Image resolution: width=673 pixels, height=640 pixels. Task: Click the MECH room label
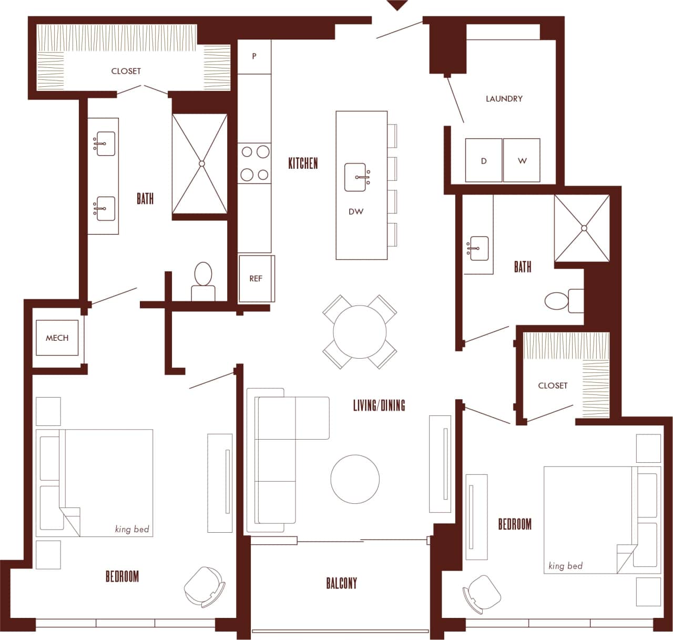pyautogui.click(x=57, y=338)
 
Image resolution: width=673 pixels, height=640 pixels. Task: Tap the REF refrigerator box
pyautogui.click(x=256, y=279)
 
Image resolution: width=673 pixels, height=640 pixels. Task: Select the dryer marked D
pyautogui.click(x=484, y=160)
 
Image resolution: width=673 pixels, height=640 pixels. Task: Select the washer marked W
pyautogui.click(x=522, y=160)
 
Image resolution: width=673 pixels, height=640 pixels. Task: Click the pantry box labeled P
pyautogui.click(x=254, y=56)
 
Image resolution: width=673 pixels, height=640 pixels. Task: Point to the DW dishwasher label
pyautogui.click(x=356, y=212)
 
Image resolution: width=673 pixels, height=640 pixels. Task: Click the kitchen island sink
pyautogui.click(x=356, y=177)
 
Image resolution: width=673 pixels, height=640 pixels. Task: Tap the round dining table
pyautogui.click(x=360, y=332)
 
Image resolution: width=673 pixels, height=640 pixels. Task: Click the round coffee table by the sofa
pyautogui.click(x=355, y=479)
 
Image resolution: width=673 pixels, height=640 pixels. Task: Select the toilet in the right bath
pyautogui.click(x=560, y=301)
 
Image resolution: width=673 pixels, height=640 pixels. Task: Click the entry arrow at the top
pyautogui.click(x=397, y=5)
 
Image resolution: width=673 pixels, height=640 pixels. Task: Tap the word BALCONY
pyautogui.click(x=341, y=583)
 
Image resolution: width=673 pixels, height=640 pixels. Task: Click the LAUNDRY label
pyautogui.click(x=504, y=98)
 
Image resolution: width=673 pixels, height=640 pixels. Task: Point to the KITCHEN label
pyautogui.click(x=303, y=164)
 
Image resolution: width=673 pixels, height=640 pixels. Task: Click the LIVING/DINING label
pyautogui.click(x=379, y=405)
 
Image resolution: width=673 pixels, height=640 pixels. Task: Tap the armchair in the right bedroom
pyautogui.click(x=482, y=593)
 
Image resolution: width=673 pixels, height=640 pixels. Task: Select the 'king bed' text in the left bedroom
pyautogui.click(x=132, y=529)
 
